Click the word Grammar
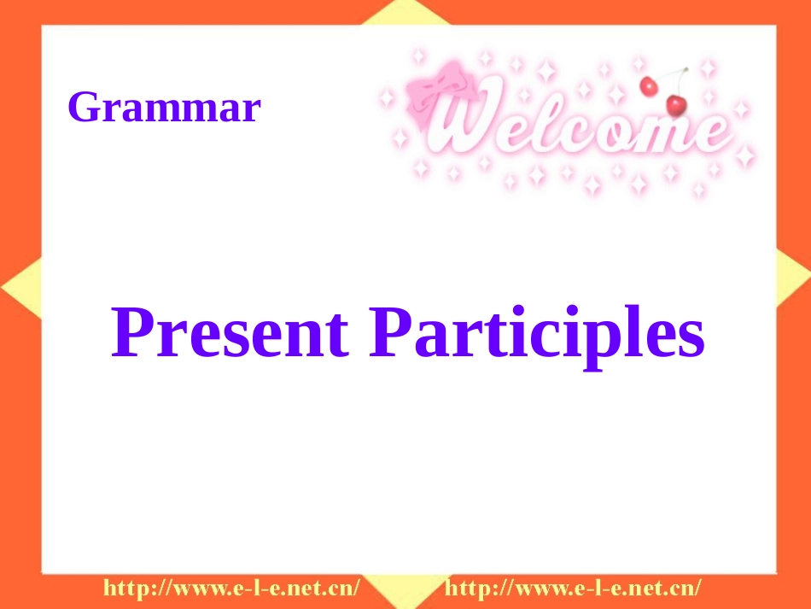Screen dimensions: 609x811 (x=163, y=108)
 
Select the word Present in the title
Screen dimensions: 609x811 (x=230, y=333)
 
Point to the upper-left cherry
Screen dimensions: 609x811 (x=649, y=85)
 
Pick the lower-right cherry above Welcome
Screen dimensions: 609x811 (x=676, y=104)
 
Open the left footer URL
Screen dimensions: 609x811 (x=231, y=588)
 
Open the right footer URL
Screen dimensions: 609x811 (x=574, y=588)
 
